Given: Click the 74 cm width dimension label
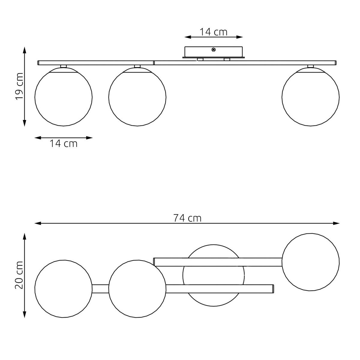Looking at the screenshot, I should (187, 218).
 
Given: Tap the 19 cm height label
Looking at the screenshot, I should (19, 86).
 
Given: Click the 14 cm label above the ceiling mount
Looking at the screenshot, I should (214, 32).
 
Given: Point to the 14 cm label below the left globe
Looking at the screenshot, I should (64, 144).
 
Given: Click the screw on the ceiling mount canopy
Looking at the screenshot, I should (214, 50).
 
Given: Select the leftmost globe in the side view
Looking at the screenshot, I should (64, 97).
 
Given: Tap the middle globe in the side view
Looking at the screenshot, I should (137, 97).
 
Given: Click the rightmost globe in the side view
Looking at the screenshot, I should (310, 97).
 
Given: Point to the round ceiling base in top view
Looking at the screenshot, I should (214, 275).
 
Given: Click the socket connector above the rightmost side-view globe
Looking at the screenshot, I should (310, 66).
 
